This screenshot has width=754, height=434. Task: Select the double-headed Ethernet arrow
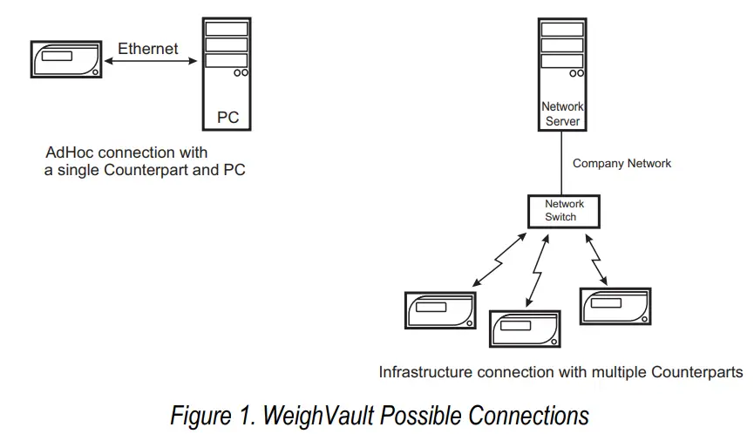[147, 61]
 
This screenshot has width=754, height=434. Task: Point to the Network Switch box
[563, 210]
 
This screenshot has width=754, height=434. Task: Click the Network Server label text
[562, 113]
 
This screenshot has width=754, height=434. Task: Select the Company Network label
[622, 163]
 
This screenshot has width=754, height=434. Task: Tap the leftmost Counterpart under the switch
[441, 310]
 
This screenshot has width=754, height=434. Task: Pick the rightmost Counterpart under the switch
[615, 306]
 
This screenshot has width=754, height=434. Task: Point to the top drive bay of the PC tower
[226, 28]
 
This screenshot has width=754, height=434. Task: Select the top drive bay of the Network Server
[562, 29]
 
